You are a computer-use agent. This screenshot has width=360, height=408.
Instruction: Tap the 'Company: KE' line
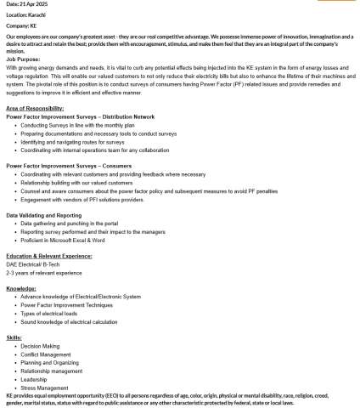coord(21,26)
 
